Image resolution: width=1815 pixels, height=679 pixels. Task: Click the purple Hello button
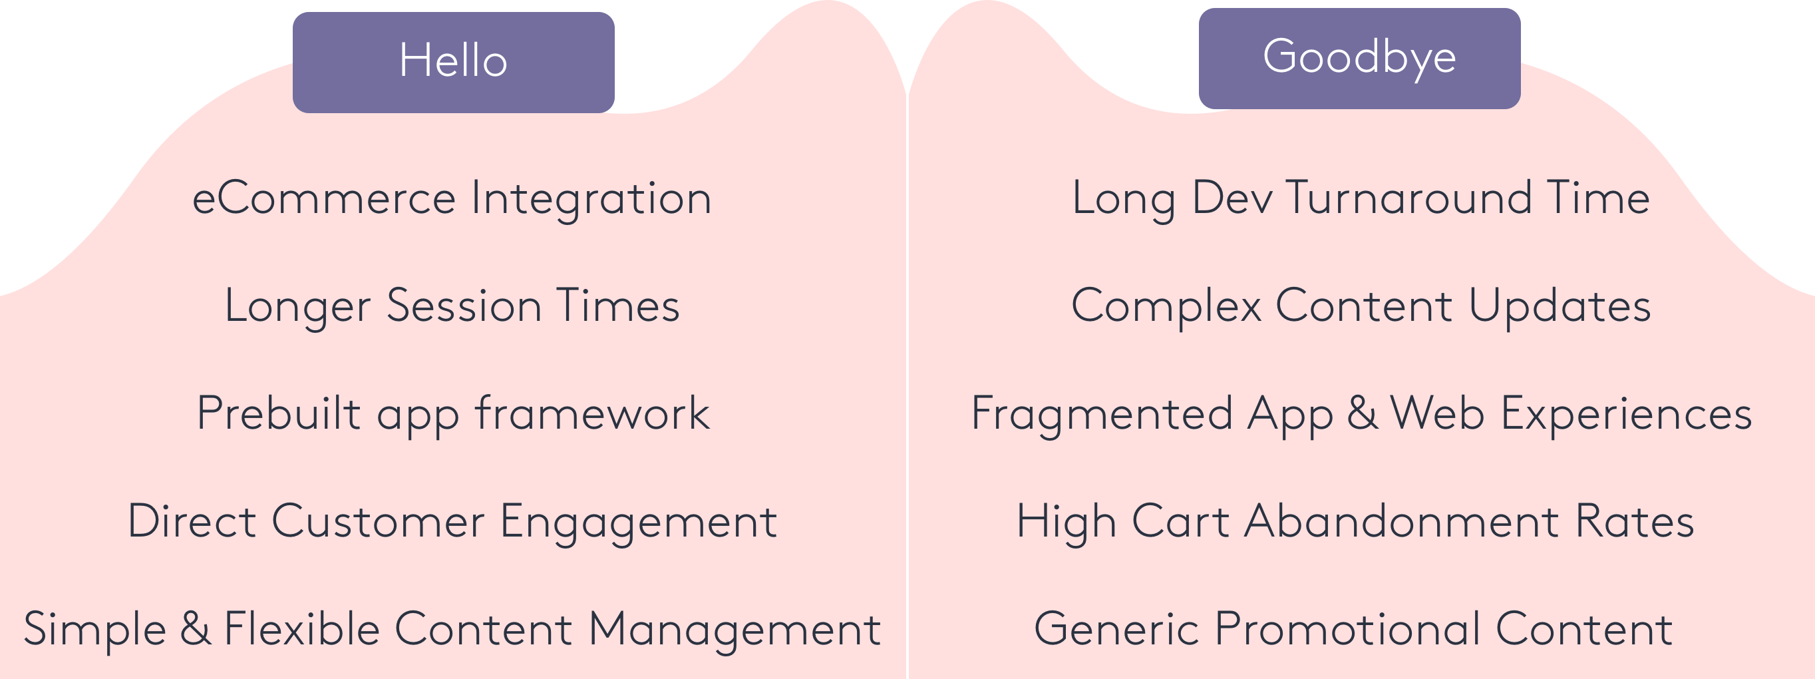pos(453,62)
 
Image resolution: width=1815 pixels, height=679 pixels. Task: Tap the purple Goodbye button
pos(1359,58)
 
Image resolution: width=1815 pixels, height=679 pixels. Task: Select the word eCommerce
pos(324,198)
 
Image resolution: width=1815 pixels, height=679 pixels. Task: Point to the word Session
pos(464,306)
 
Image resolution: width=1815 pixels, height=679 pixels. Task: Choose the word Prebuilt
pos(278,413)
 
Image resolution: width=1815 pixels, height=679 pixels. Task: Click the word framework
pos(593,413)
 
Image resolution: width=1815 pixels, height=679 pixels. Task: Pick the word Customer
pos(379,522)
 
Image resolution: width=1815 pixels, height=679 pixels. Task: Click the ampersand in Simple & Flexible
pos(196,629)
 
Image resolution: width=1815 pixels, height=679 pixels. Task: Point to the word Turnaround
pos(1408,198)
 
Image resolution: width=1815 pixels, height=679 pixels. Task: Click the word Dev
pos(1232,198)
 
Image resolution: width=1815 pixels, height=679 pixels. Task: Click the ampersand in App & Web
pos(1363,413)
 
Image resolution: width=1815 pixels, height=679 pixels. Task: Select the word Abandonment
pos(1402,522)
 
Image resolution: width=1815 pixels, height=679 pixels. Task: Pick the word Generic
pos(1116,629)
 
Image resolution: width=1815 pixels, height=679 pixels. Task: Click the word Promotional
pos(1348,629)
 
